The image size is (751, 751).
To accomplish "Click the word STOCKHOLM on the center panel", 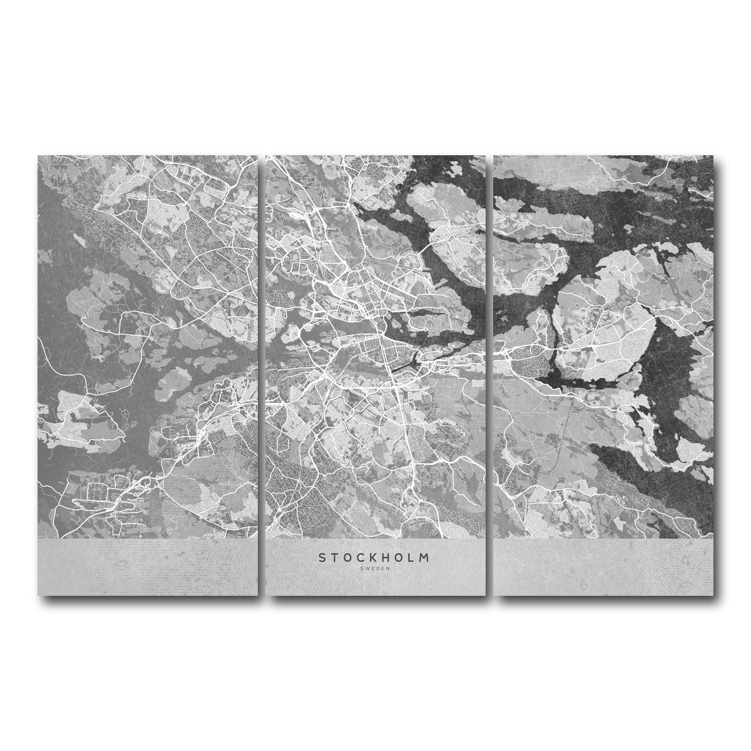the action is point(374,557).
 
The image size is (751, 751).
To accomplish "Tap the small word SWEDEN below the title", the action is point(374,568).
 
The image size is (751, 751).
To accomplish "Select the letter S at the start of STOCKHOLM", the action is point(322,557).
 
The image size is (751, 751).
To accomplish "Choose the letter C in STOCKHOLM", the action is point(352,557).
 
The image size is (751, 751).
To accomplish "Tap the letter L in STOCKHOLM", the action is point(412,557).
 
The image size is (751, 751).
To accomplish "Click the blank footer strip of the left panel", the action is point(148,566).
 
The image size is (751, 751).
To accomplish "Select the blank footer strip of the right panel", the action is point(603,566).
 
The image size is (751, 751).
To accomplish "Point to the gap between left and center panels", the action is point(262,375).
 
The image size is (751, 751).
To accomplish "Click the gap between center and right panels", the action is point(489,375).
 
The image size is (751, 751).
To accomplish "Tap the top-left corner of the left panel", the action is point(39,156).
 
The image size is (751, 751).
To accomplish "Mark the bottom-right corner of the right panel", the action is point(712,593).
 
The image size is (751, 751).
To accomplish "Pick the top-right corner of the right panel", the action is point(712,156).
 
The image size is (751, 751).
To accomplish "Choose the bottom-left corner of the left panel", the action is point(39,593).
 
